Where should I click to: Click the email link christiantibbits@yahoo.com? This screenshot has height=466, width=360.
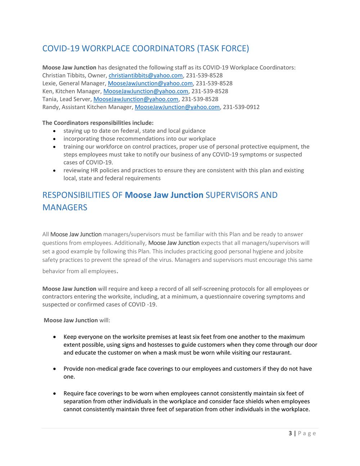(x=145, y=75)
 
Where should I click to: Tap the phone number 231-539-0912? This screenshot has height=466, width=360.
(x=241, y=107)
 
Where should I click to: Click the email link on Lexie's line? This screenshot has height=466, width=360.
(x=150, y=83)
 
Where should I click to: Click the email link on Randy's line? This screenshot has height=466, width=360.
(x=177, y=107)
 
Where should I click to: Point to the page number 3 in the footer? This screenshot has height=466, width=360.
(x=290, y=433)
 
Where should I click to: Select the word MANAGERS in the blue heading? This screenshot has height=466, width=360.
(x=65, y=207)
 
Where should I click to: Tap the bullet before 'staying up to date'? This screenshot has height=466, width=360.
(x=54, y=131)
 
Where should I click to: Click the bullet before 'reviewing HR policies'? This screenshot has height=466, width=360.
(x=54, y=171)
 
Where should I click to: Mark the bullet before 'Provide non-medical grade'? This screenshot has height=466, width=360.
(x=54, y=369)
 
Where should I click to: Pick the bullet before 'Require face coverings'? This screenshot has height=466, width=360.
(x=54, y=394)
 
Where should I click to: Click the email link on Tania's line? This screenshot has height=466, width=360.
(x=136, y=99)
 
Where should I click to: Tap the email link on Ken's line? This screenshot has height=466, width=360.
(x=146, y=91)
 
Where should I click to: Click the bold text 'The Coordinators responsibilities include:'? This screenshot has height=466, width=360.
(x=98, y=123)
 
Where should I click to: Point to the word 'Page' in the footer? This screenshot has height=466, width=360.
(x=307, y=433)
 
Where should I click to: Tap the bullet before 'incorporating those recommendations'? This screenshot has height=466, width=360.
(x=54, y=139)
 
